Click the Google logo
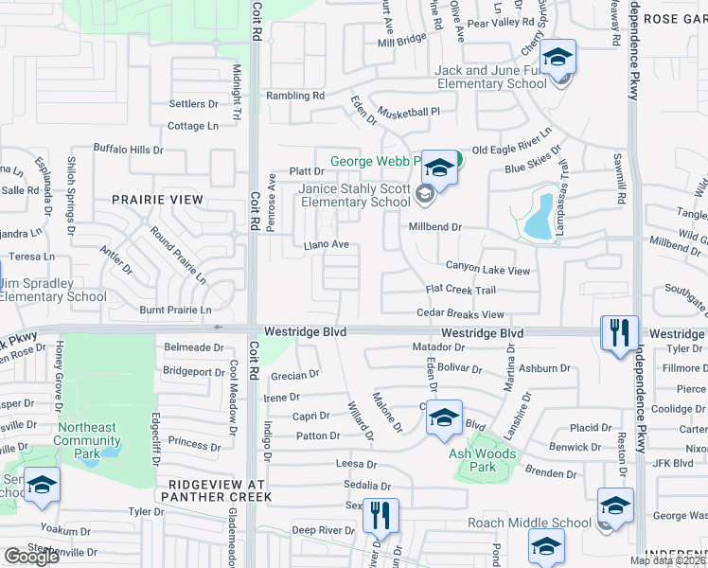point(31,557)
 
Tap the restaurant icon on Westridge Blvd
point(619,333)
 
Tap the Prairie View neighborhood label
point(157,200)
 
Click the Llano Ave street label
point(327,244)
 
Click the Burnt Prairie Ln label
point(175,310)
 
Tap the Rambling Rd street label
point(294,96)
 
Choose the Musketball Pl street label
point(410,111)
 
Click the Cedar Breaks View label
point(460,314)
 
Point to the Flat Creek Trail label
point(461,290)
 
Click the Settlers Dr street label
point(193,103)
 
